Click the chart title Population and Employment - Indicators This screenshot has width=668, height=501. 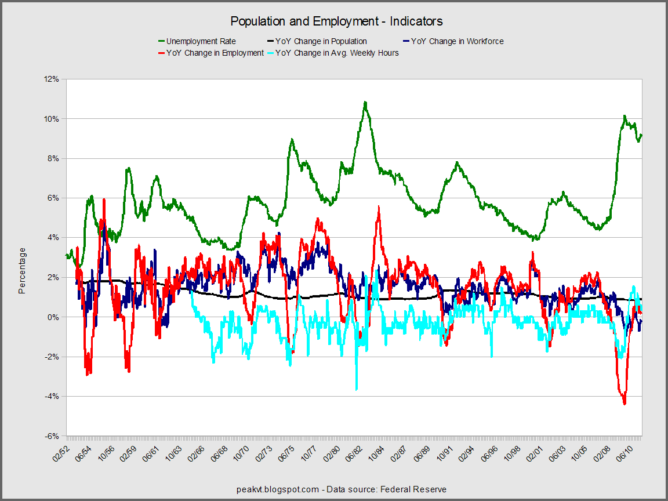pyautogui.click(x=336, y=21)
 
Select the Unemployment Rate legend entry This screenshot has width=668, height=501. pyautogui.click(x=201, y=41)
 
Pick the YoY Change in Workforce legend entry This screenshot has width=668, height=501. pyautogui.click(x=457, y=41)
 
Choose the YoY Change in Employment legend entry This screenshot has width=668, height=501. pyautogui.click(x=215, y=53)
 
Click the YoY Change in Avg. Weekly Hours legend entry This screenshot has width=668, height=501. pyautogui.click(x=337, y=53)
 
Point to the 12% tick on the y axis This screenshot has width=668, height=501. pyautogui.click(x=52, y=79)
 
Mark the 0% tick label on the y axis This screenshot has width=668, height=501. pyautogui.click(x=53, y=317)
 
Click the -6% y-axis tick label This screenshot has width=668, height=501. pyautogui.click(x=52, y=436)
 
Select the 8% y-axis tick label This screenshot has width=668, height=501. pyautogui.click(x=53, y=158)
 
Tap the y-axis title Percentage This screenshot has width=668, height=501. pyautogui.click(x=22, y=270)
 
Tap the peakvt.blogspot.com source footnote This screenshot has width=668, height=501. pyautogui.click(x=342, y=489)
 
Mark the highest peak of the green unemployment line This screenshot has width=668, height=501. pyautogui.click(x=365, y=102)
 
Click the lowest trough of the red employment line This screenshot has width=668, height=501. pyautogui.click(x=625, y=404)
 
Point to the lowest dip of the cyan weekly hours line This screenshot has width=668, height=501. pyautogui.click(x=357, y=389)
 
